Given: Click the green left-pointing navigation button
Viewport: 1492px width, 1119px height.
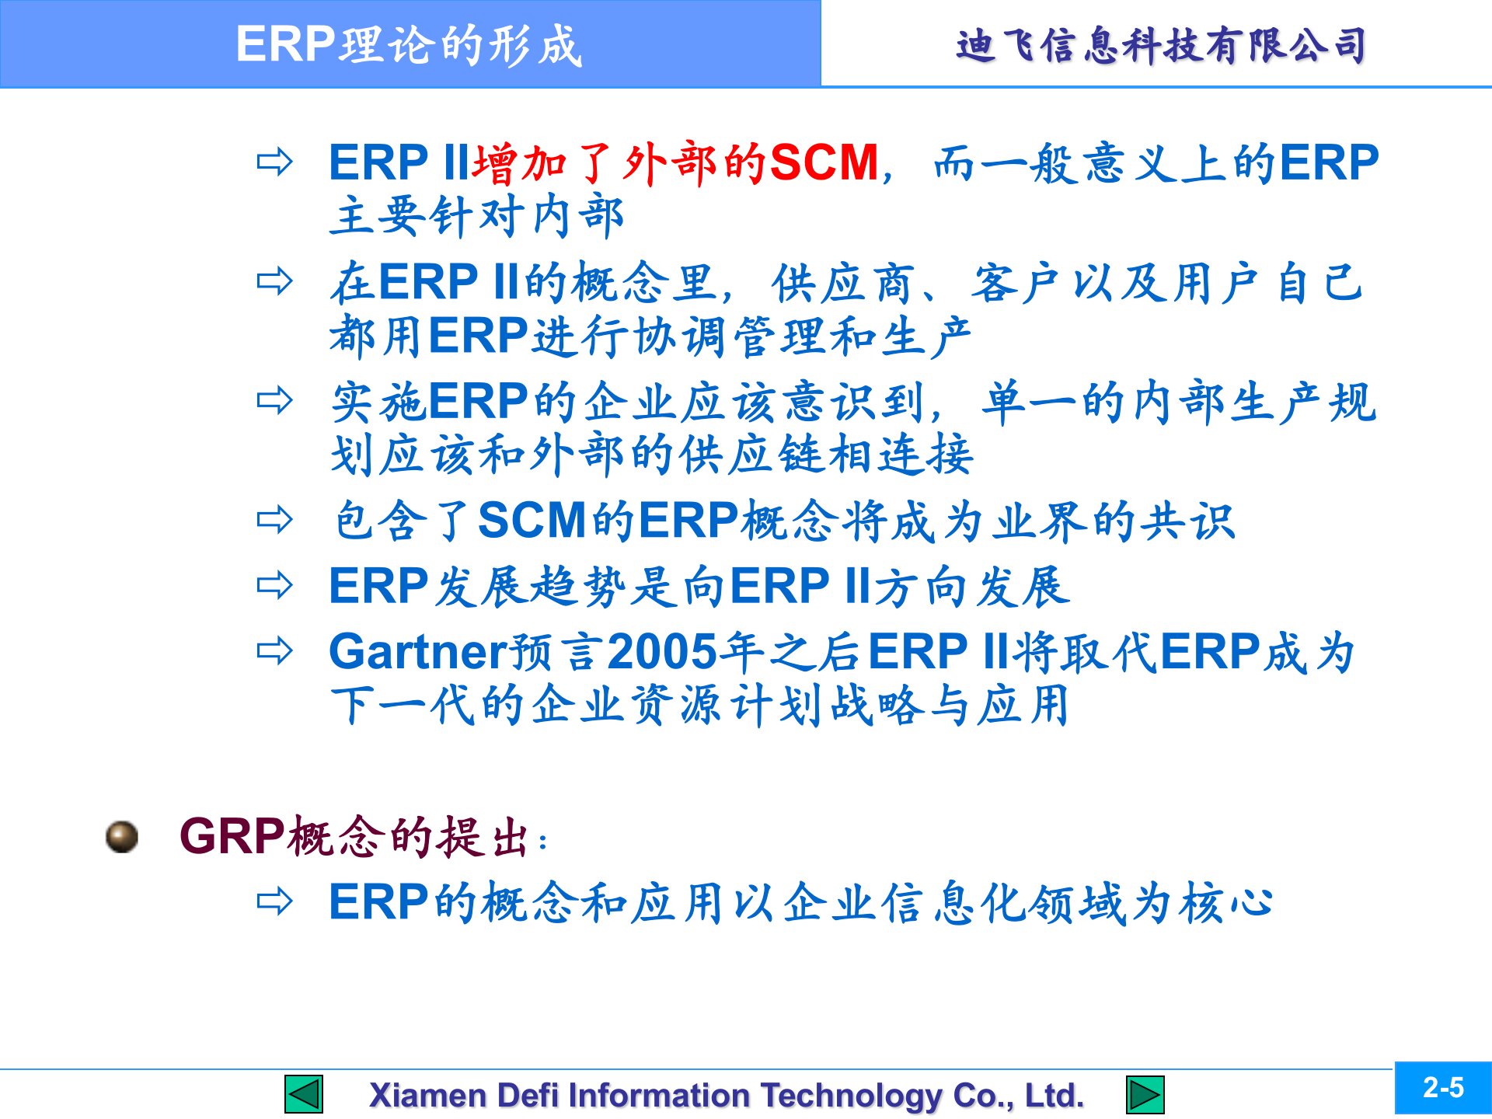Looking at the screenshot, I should pos(304,1094).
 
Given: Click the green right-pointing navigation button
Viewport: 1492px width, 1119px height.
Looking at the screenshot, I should pos(1145,1094).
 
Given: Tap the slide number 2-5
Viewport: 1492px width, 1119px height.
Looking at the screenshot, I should pos(1443,1088).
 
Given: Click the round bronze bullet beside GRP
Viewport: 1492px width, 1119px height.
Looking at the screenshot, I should pos(122,837).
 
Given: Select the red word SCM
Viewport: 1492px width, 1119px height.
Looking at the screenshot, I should pos(824,163).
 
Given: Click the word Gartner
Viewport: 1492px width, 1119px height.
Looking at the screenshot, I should pos(418,651).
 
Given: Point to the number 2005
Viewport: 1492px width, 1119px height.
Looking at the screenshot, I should pos(662,651).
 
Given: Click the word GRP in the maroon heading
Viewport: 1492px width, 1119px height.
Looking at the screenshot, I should pos(232,836).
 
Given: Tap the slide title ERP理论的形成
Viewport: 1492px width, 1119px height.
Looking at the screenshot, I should pos(409,44).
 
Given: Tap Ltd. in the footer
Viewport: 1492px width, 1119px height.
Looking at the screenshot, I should pos(1054,1095).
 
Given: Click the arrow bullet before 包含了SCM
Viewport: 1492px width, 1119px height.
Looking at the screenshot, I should pos(274,519).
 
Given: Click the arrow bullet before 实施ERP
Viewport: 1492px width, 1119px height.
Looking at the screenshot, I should pos(274,400).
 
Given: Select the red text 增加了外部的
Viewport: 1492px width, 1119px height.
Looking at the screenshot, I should pos(620,163).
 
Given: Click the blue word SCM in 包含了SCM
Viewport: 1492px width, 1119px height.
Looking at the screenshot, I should pos(532,520).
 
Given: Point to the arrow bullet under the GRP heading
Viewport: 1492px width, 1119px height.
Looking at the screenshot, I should pos(274,901).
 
